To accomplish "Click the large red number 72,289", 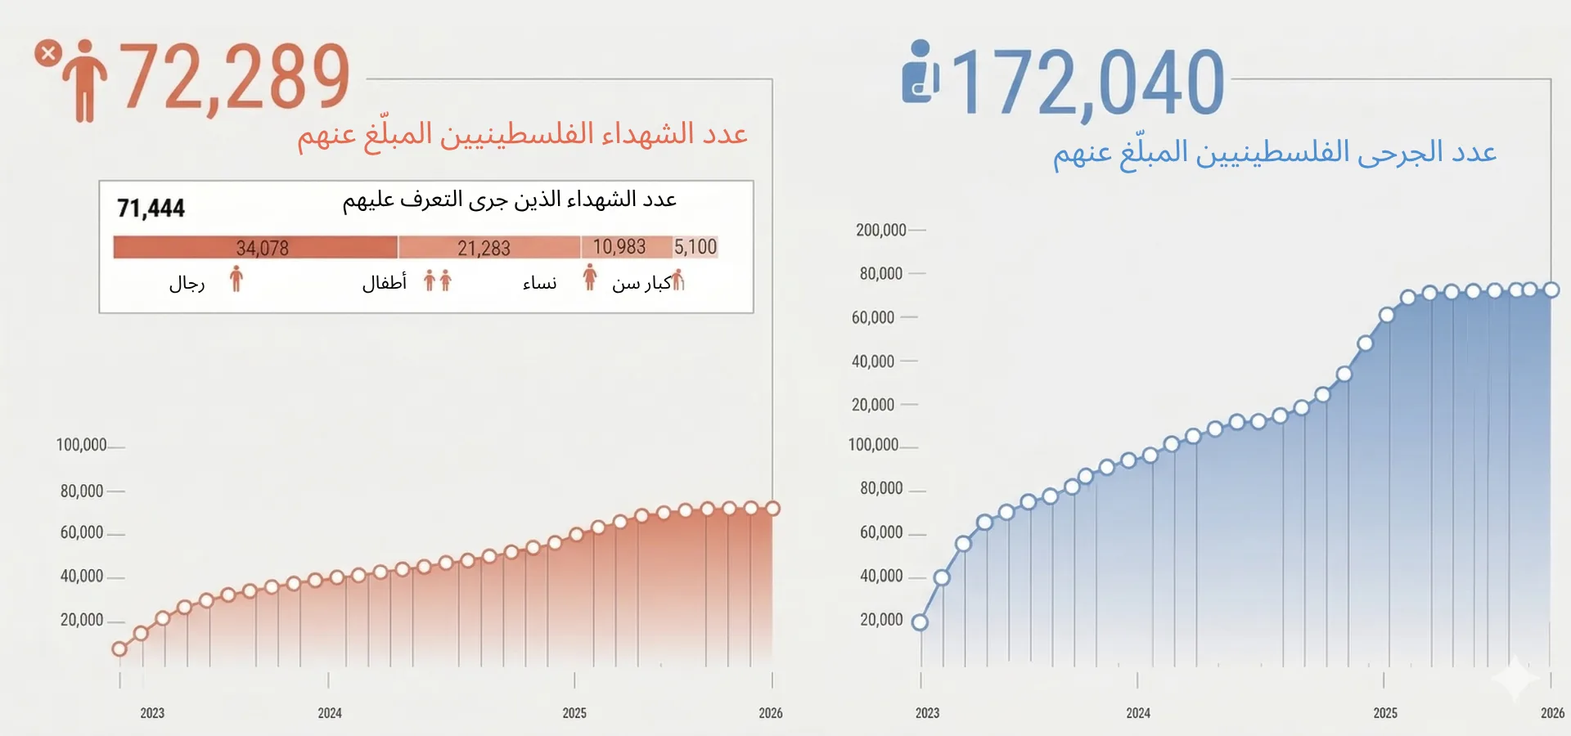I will [x=236, y=77].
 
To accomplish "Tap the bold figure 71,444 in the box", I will [x=151, y=209].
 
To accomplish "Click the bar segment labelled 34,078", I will [x=255, y=247].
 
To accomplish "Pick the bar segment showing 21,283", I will [x=488, y=247].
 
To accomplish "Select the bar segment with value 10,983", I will [x=626, y=247].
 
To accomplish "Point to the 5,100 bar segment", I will [x=695, y=247].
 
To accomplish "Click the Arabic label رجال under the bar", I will [x=187, y=284].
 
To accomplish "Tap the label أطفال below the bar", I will [x=385, y=283].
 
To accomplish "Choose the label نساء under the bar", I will [x=539, y=283].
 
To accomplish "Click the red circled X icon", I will [x=48, y=53].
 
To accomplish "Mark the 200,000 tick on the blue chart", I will [x=881, y=231].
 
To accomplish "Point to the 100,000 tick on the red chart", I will [x=81, y=445].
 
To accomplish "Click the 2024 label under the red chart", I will [x=330, y=713].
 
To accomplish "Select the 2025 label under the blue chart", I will [x=1385, y=713].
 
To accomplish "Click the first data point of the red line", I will [x=119, y=648].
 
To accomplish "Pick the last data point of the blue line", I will [x=1551, y=289].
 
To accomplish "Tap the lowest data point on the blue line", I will [x=921, y=622].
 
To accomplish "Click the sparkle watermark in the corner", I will [x=1515, y=678].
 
